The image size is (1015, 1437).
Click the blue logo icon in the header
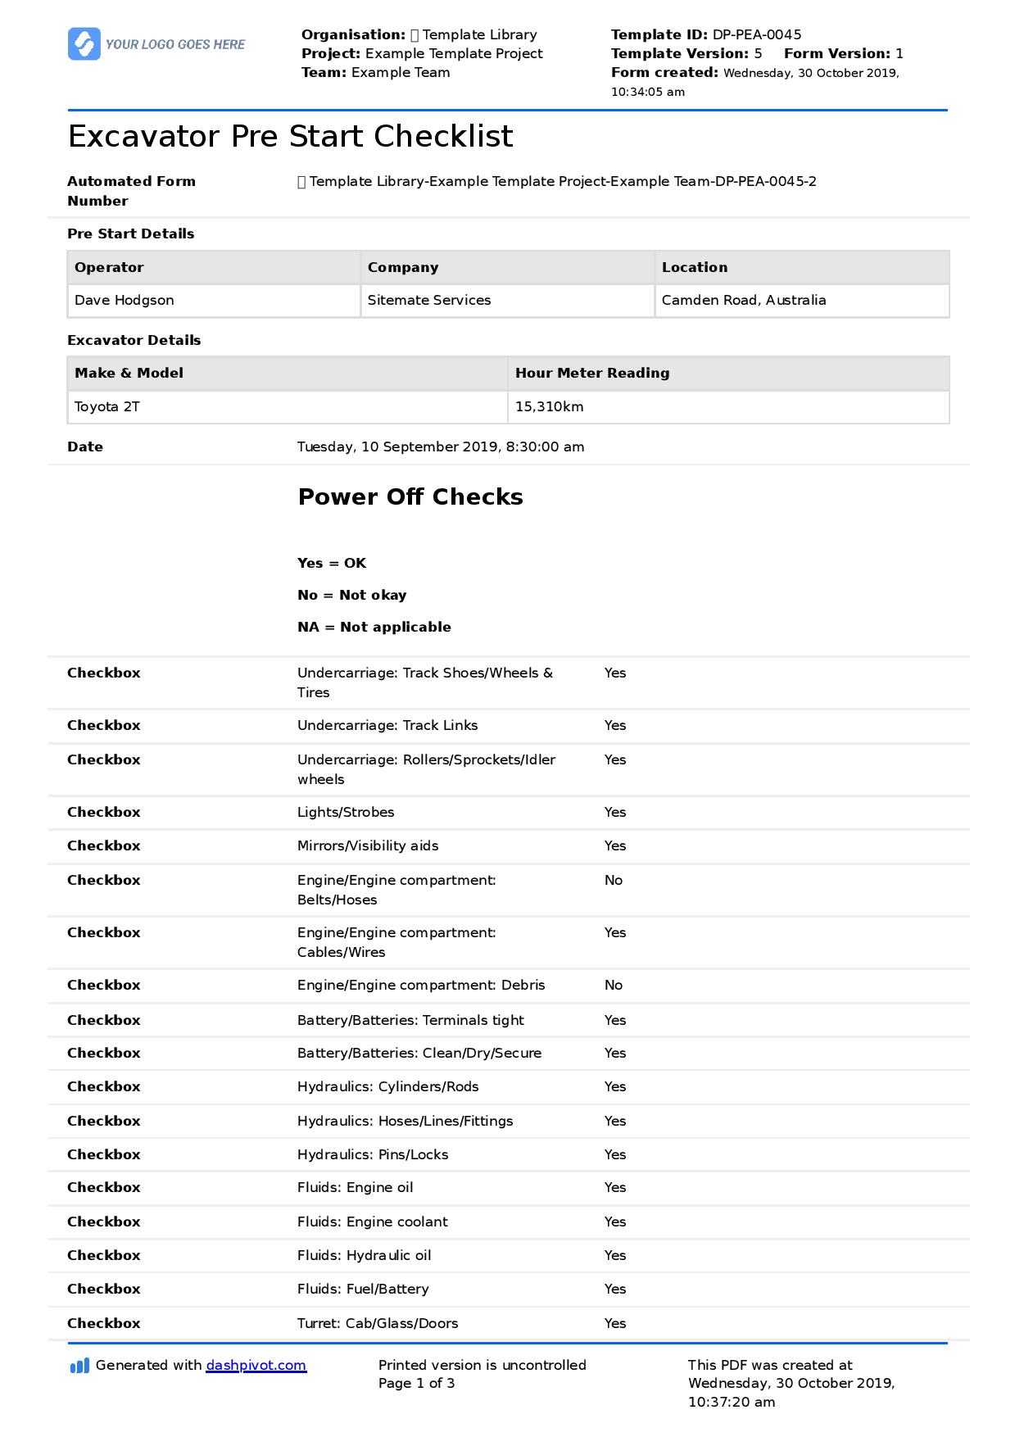click(x=84, y=44)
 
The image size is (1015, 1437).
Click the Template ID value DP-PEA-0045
click(x=756, y=34)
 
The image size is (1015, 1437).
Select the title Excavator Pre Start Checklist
click(x=290, y=136)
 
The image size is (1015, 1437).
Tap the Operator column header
click(x=109, y=267)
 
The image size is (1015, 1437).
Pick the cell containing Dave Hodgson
click(x=125, y=300)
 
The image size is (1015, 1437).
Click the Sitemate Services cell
click(x=429, y=300)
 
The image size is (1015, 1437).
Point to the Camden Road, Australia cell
click(x=743, y=300)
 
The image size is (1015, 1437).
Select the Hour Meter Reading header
click(x=592, y=373)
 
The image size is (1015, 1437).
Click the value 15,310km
click(x=549, y=406)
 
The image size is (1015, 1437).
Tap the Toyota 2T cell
click(x=107, y=406)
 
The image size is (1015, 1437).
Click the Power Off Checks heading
click(x=410, y=496)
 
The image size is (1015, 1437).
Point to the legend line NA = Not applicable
click(x=374, y=627)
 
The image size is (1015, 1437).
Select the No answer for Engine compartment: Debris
click(x=614, y=985)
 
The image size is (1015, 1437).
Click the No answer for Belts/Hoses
click(x=614, y=880)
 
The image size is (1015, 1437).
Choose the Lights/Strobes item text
click(x=346, y=812)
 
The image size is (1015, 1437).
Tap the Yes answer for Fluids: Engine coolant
click(x=615, y=1222)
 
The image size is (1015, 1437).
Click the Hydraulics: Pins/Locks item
click(x=373, y=1154)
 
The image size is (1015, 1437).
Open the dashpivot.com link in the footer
click(x=256, y=1365)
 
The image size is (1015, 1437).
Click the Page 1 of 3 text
click(x=416, y=1383)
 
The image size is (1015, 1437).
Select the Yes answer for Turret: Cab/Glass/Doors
click(x=615, y=1323)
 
